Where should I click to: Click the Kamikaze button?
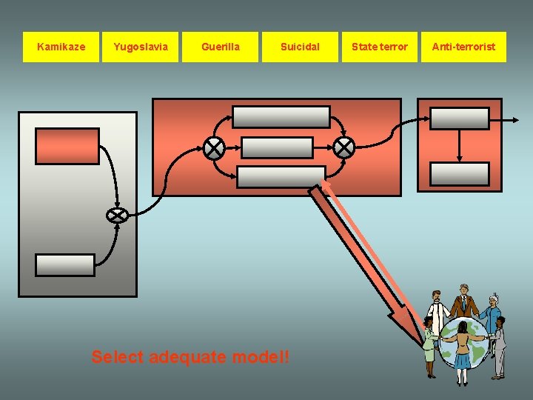[x=61, y=47]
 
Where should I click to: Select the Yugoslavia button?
[x=141, y=47]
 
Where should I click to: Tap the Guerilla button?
[x=221, y=47]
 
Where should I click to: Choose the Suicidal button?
[x=300, y=47]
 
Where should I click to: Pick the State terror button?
[x=379, y=47]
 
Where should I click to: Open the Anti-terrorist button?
[x=463, y=47]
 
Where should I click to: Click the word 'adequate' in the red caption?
[x=188, y=357]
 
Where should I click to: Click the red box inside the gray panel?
[x=67, y=146]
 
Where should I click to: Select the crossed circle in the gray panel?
[x=117, y=216]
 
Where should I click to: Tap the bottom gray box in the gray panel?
[x=66, y=264]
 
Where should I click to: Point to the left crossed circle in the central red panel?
[x=215, y=148]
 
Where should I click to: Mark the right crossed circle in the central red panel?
[x=343, y=148]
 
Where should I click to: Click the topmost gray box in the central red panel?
[x=281, y=117]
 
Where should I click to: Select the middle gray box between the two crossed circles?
[x=278, y=147]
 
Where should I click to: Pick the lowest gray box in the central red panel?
[x=281, y=176]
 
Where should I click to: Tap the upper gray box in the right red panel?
[x=460, y=119]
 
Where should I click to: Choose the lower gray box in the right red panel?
[x=460, y=174]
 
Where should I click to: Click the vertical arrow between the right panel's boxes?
[x=460, y=146]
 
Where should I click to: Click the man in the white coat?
[x=438, y=315]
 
